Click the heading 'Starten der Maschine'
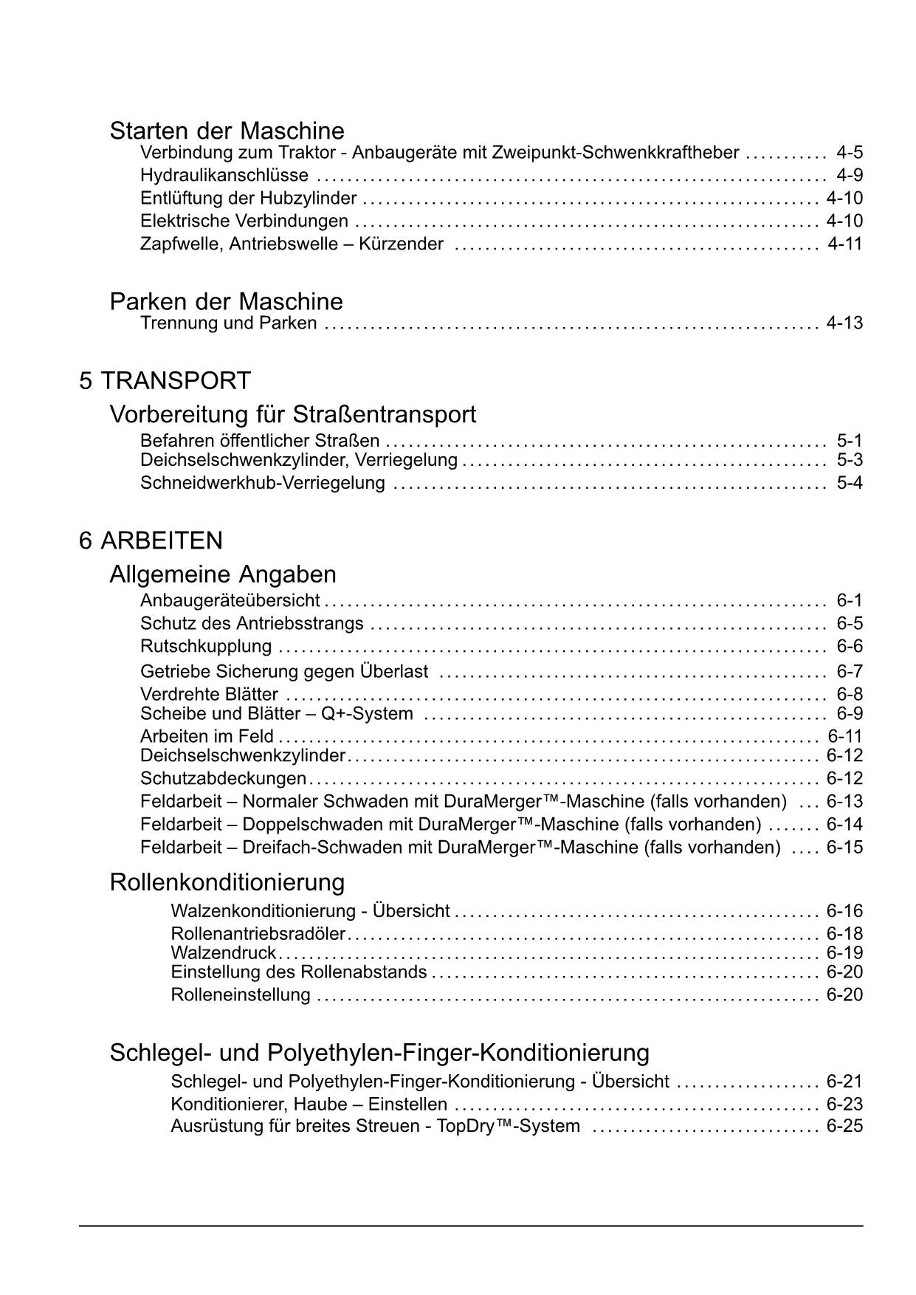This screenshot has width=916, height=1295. pyautogui.click(x=227, y=131)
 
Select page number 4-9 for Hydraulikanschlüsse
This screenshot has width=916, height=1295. pyautogui.click(x=849, y=176)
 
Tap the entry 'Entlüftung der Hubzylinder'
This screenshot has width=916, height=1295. pyautogui.click(x=248, y=199)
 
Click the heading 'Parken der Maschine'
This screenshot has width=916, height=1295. pyautogui.click(x=226, y=301)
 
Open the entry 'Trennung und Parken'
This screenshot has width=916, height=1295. pyautogui.click(x=228, y=323)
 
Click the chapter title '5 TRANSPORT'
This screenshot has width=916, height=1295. pyautogui.click(x=165, y=381)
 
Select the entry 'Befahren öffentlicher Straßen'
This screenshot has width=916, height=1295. pyautogui.click(x=260, y=442)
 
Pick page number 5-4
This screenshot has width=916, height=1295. pyautogui.click(x=849, y=484)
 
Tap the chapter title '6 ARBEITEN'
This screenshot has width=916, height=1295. pyautogui.click(x=151, y=540)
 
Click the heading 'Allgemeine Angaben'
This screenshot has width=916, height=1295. pyautogui.click(x=222, y=574)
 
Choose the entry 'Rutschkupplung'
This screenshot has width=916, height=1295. pyautogui.click(x=206, y=647)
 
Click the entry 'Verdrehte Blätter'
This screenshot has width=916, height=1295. pyautogui.click(x=209, y=695)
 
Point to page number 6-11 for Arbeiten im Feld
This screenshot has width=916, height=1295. pyautogui.click(x=844, y=736)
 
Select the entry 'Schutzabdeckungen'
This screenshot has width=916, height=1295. pyautogui.click(x=223, y=779)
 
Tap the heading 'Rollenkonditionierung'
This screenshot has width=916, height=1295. pyautogui.click(x=227, y=882)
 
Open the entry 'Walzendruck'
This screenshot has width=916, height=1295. pyautogui.click(x=223, y=953)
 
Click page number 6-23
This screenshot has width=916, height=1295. pyautogui.click(x=844, y=1105)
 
